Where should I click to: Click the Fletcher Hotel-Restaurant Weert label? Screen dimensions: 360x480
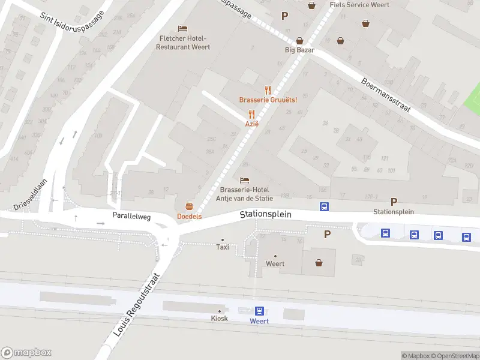184,43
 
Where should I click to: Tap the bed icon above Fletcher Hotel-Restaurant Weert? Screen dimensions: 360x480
183,28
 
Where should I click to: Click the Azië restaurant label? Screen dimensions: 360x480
251,124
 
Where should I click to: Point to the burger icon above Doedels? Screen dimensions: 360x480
189,206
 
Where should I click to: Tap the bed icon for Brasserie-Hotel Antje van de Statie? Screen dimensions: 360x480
244,180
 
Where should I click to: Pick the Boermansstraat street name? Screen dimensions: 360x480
386,95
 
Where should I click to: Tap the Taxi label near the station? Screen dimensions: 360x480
223,247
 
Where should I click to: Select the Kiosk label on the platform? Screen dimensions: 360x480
220,318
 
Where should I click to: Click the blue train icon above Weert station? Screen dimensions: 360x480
259,311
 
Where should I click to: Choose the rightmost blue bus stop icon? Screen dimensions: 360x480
466,237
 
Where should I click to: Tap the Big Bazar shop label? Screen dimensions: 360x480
299,50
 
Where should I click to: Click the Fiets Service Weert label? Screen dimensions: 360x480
359,5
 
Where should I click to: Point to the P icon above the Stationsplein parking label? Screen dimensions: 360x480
394,202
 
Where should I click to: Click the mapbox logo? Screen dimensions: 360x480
26,353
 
